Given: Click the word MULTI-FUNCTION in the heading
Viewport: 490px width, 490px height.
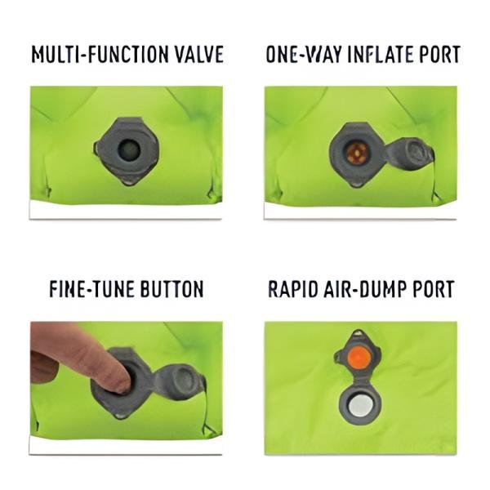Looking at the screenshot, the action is pyautogui.click(x=100, y=55).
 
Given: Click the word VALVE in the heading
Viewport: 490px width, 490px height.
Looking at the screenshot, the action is pyautogui.click(x=198, y=55).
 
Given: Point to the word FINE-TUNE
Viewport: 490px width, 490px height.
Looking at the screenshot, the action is pyautogui.click(x=91, y=289).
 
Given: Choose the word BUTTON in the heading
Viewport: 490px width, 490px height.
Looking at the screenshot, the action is pyautogui.click(x=171, y=289).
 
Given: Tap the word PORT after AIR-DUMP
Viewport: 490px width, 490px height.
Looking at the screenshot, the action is pyautogui.click(x=434, y=289).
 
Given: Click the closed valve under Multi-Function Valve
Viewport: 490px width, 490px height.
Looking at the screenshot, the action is pyautogui.click(x=127, y=150).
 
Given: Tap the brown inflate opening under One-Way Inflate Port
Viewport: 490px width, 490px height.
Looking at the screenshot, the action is pyautogui.click(x=356, y=153).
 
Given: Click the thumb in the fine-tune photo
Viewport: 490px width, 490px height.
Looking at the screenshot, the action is pyautogui.click(x=44, y=367).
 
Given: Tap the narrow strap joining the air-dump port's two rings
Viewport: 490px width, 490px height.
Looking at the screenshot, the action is pyautogui.click(x=359, y=380).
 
